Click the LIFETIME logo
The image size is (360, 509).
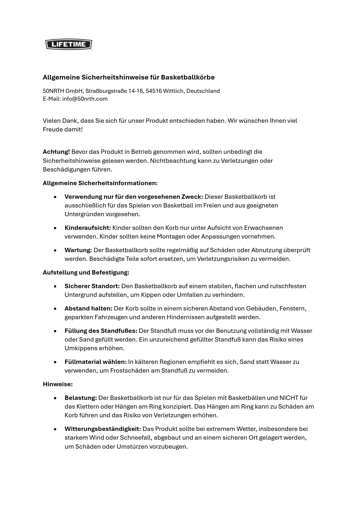69,44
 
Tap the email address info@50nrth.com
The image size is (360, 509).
85,99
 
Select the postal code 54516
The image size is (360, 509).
154,91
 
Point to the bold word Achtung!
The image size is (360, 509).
56,151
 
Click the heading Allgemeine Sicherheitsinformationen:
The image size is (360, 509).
100,183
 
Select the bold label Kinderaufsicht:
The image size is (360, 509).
88,228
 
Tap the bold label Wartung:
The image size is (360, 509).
78,250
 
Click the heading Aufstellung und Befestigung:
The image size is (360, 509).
86,272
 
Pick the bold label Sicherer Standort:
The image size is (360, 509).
92,286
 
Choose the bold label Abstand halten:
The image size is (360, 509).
88,308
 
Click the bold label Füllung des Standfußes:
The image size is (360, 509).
101,331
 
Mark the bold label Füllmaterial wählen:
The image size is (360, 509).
96,362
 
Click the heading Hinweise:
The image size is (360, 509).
58,384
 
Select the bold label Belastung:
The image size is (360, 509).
81,398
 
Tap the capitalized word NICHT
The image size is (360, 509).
289,398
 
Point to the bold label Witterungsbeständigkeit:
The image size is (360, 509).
103,429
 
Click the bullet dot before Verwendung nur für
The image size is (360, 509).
55,197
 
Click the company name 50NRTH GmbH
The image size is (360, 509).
62,91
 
